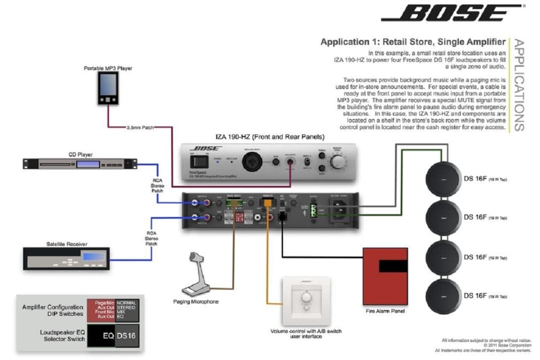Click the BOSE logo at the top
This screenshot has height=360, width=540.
tap(452, 13)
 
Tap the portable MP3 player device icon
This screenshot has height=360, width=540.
tap(108, 88)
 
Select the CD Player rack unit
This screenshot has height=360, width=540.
tap(80, 163)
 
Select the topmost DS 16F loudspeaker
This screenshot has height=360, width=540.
tap(442, 179)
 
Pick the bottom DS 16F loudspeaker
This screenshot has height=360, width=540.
tap(442, 295)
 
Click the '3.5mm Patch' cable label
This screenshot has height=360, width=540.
tap(140, 128)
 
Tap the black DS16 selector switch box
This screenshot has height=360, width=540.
tap(127, 336)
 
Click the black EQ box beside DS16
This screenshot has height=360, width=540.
tap(102, 336)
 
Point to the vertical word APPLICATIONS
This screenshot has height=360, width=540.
tap(518, 85)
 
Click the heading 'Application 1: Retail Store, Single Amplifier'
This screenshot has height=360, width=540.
tap(413, 42)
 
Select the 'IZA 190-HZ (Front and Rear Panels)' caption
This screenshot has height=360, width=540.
tap(269, 136)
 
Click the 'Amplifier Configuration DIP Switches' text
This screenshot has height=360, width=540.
tap(52, 310)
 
